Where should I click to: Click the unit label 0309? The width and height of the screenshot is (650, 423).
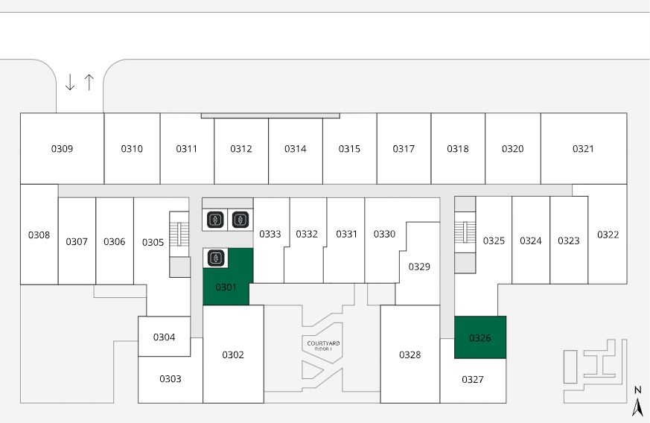point(62,149)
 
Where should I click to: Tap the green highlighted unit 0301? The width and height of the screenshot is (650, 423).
point(226,287)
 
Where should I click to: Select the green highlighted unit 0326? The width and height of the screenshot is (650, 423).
point(480,338)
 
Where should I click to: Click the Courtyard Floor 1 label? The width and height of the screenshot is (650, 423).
point(322,346)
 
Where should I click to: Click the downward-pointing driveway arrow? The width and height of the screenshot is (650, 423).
point(70,82)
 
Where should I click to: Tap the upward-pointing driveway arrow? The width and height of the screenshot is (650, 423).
point(89,82)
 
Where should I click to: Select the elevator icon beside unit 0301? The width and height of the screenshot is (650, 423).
point(215,258)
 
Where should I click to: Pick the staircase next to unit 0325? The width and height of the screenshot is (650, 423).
point(465,232)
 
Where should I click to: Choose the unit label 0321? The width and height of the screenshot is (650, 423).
point(583,149)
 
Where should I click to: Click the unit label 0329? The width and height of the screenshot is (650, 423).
point(419,267)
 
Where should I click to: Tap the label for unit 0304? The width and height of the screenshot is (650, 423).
point(164,337)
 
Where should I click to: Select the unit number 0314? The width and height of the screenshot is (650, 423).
point(295,149)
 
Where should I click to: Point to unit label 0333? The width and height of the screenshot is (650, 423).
point(270,234)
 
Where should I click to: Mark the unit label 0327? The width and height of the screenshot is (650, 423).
point(472,379)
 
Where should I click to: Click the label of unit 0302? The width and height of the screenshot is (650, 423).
point(233,354)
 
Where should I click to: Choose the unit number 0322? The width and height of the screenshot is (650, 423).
point(608,235)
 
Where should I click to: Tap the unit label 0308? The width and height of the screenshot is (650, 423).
point(39,235)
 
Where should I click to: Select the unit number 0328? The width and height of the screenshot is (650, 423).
point(410,354)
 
